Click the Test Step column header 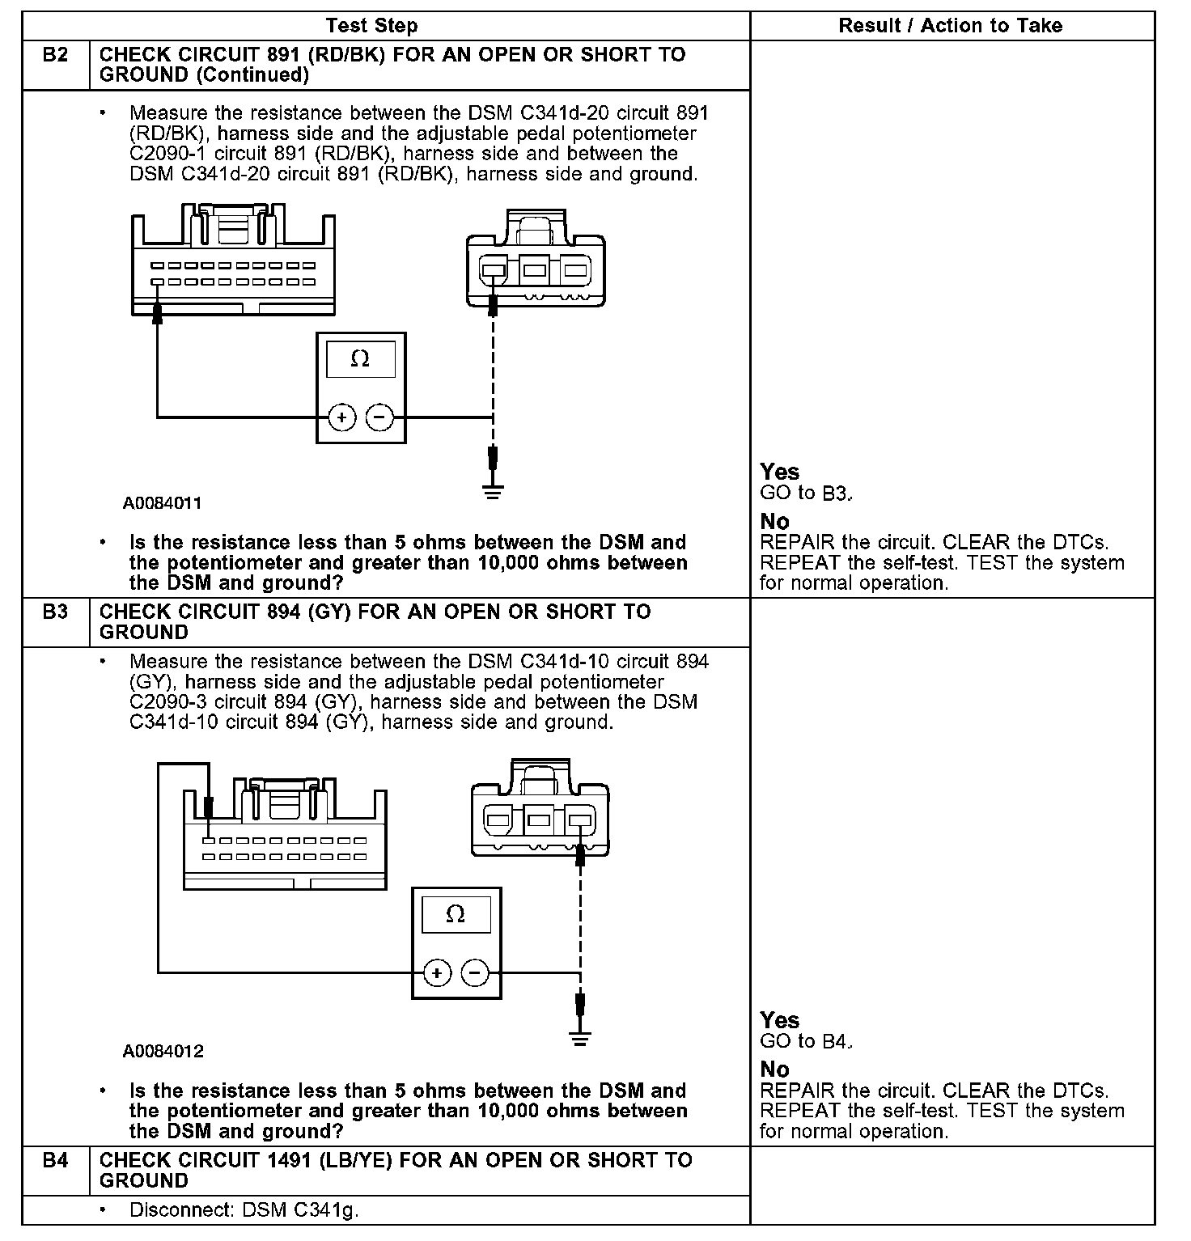pyautogui.click(x=371, y=26)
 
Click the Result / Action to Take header pyautogui.click(x=950, y=26)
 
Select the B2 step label pyautogui.click(x=55, y=56)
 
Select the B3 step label pyautogui.click(x=55, y=612)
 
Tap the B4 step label pyautogui.click(x=55, y=1161)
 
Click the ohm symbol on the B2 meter pyautogui.click(x=360, y=359)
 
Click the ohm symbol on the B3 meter pyautogui.click(x=456, y=914)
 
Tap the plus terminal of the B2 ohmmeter pyautogui.click(x=342, y=417)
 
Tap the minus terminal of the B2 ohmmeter pyautogui.click(x=379, y=417)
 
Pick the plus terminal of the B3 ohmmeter pyautogui.click(x=437, y=972)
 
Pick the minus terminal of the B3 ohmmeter pyautogui.click(x=475, y=972)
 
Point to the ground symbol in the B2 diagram pyautogui.click(x=493, y=490)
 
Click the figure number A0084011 pyautogui.click(x=163, y=503)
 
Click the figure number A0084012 pyautogui.click(x=163, y=1052)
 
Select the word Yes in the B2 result pyautogui.click(x=779, y=472)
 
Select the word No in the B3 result pyautogui.click(x=774, y=1069)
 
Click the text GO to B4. pyautogui.click(x=806, y=1042)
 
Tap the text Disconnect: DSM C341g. pyautogui.click(x=244, y=1211)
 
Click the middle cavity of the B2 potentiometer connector pyautogui.click(x=533, y=270)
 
